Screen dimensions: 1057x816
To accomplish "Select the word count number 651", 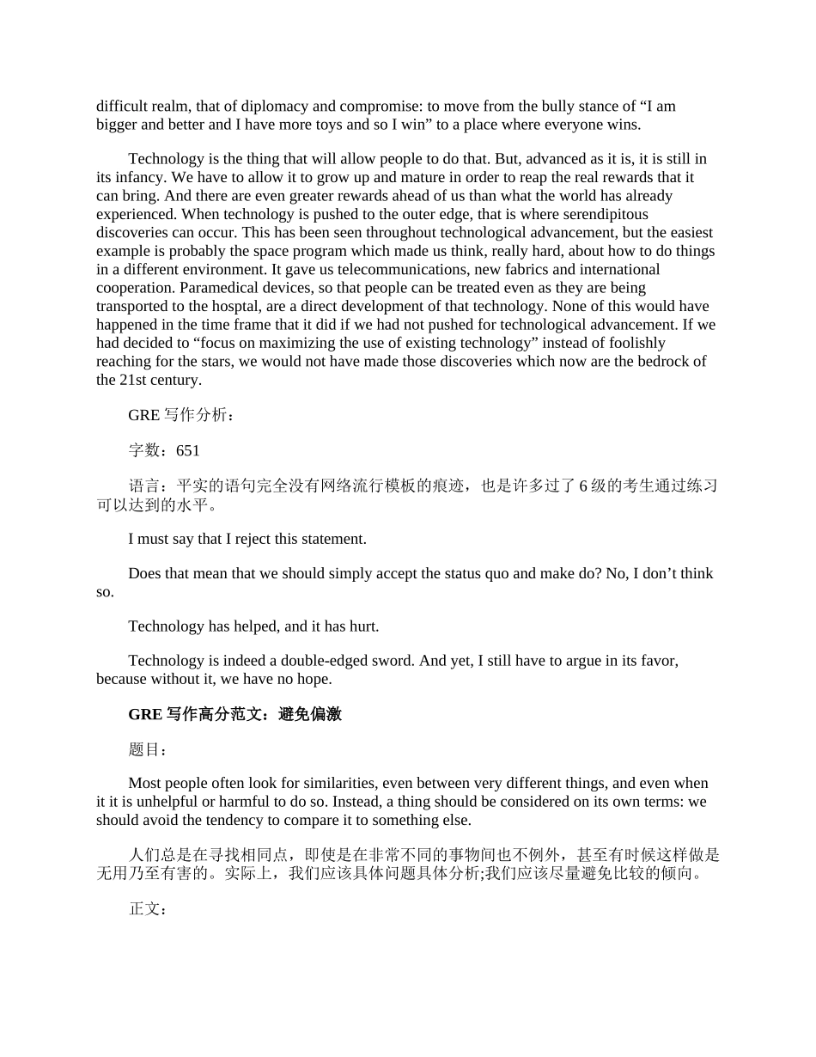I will [187, 450].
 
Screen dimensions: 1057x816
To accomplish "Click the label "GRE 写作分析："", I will [180, 415].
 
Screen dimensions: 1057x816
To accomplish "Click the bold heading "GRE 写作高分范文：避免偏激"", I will [234, 714].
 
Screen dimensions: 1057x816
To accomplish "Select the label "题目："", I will [148, 749].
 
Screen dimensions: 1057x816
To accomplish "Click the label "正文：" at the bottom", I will [148, 908].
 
